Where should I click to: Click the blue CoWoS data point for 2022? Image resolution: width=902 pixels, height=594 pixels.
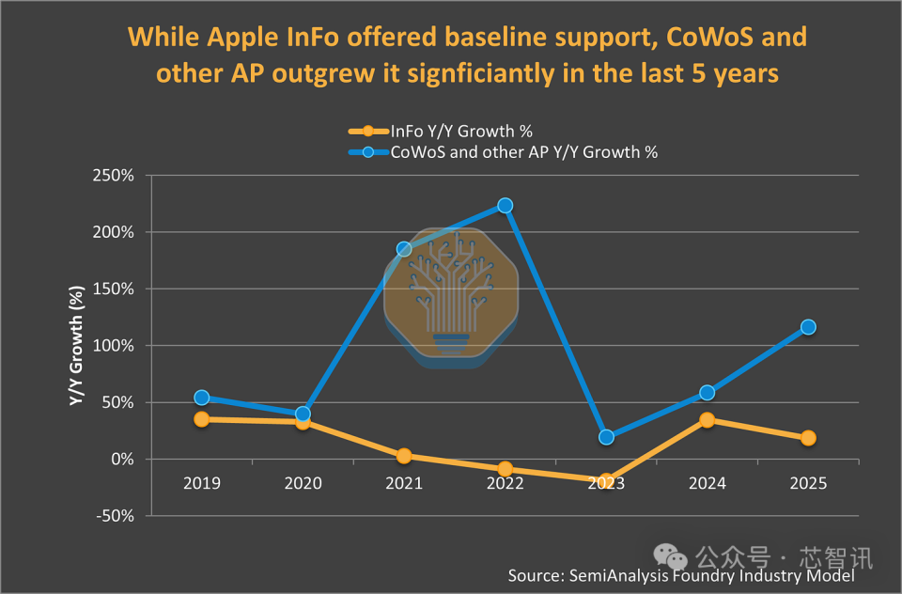click(x=505, y=205)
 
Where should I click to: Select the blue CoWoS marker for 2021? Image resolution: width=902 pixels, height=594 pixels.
click(x=404, y=249)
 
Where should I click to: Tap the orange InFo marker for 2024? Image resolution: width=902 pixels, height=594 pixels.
click(x=707, y=420)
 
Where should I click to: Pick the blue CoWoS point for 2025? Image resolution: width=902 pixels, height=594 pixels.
click(x=808, y=327)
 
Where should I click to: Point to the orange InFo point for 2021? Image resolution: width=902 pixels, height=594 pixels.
click(x=404, y=456)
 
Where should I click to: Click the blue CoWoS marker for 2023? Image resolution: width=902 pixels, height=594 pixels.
click(x=606, y=437)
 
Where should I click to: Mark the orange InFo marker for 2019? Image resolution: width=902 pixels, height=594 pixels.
click(x=202, y=419)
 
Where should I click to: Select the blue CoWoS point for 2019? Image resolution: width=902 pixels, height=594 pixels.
click(x=202, y=398)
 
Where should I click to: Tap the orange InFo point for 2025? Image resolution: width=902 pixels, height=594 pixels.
click(x=808, y=438)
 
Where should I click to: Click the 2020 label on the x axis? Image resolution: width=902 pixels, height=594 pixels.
click(x=303, y=483)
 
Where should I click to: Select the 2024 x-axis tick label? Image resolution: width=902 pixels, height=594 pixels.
click(x=707, y=483)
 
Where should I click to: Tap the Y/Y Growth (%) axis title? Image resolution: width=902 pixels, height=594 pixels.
click(x=76, y=346)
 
